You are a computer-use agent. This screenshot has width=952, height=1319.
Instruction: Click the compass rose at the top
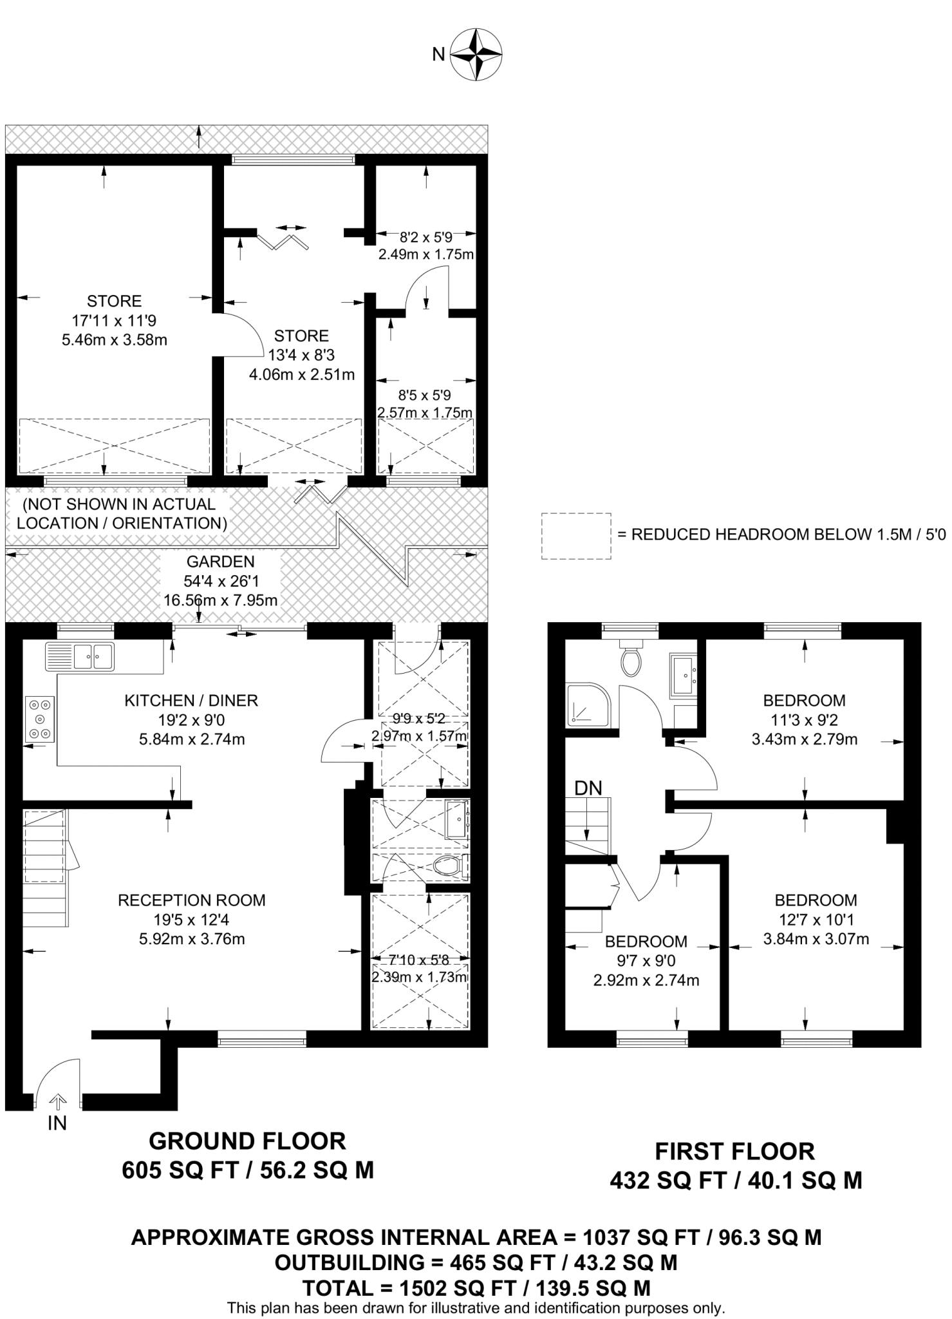point(476,54)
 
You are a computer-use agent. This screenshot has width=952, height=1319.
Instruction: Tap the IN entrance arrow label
point(57,1123)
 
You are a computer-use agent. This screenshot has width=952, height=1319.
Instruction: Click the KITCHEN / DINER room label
point(191,700)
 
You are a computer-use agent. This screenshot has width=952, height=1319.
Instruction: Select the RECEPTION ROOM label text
point(191,900)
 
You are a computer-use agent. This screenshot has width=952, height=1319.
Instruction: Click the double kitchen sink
point(80,656)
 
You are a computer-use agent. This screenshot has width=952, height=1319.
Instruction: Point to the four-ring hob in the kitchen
point(40,719)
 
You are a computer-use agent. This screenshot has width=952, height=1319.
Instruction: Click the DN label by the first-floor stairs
point(588,788)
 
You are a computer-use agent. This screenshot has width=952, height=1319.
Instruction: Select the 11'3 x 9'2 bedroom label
point(804,719)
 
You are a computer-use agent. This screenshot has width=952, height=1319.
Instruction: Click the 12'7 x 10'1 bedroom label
point(816,919)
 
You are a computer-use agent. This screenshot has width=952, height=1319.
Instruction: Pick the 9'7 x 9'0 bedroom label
point(646,960)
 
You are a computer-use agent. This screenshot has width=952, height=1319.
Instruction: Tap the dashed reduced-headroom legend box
point(575,536)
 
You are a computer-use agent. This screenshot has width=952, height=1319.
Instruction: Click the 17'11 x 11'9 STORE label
point(114,320)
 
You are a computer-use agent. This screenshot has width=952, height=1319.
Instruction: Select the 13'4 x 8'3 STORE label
point(301,355)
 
